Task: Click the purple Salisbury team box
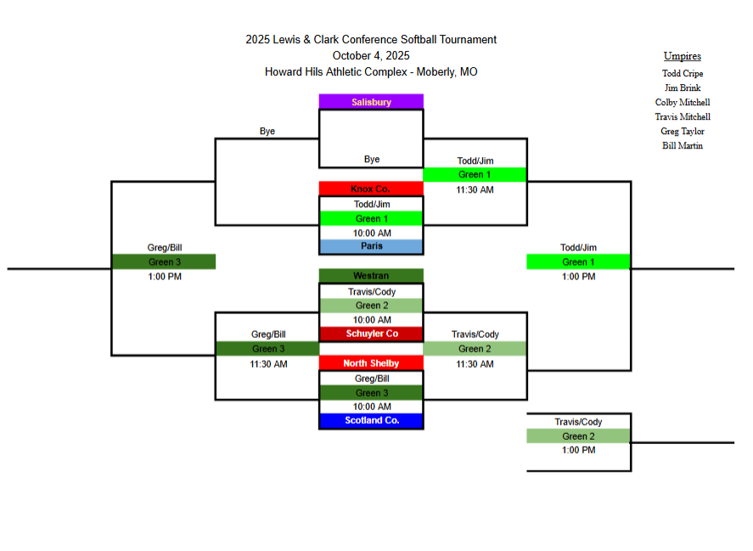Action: (x=371, y=102)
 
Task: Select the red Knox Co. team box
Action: (x=371, y=188)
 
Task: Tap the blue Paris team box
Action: (x=371, y=246)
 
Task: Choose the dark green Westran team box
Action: (x=371, y=276)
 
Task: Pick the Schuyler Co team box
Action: (x=371, y=334)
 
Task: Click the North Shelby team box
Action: (x=371, y=363)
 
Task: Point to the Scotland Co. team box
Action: (x=371, y=421)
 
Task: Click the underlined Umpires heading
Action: (x=683, y=56)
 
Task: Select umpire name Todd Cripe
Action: (x=683, y=74)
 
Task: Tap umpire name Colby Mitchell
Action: (x=683, y=103)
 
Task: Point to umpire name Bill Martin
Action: (x=683, y=145)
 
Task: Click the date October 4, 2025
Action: (x=371, y=56)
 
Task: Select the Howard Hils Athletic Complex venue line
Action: (x=371, y=72)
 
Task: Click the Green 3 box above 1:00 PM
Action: (x=164, y=261)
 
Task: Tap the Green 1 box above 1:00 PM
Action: (x=579, y=261)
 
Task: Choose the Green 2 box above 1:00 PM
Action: (x=579, y=436)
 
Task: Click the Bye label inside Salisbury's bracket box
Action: (x=372, y=159)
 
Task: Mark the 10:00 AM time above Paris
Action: (x=372, y=233)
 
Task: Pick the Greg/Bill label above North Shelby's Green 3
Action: (x=372, y=379)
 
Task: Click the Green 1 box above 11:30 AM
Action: (x=475, y=174)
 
